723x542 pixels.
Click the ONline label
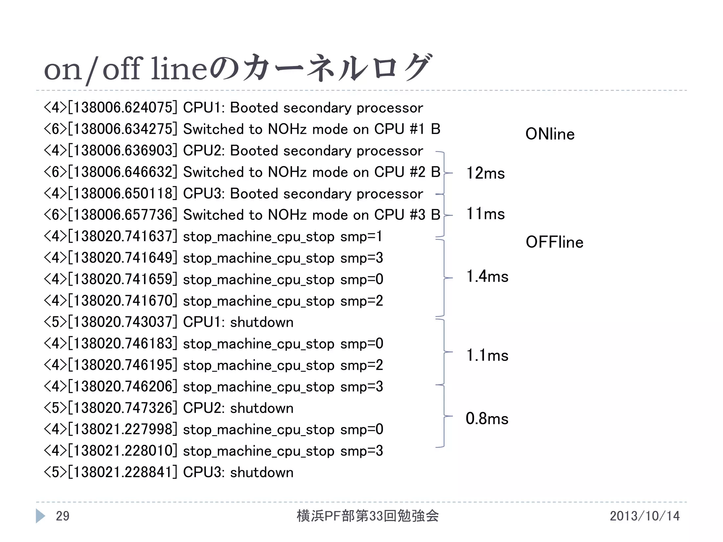(550, 134)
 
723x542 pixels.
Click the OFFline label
(554, 242)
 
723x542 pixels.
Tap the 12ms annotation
(485, 173)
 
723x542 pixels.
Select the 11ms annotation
(485, 214)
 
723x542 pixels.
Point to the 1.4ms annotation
(487, 276)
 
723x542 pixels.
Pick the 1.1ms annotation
(487, 355)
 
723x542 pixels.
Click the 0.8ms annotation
(487, 419)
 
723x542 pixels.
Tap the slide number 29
(62, 516)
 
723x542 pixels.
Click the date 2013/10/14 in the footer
(644, 516)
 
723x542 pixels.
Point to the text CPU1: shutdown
(238, 323)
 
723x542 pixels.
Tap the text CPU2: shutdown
(238, 408)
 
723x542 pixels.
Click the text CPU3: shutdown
(238, 472)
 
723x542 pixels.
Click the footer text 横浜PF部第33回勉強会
(368, 516)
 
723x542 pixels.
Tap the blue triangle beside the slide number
(40, 516)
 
